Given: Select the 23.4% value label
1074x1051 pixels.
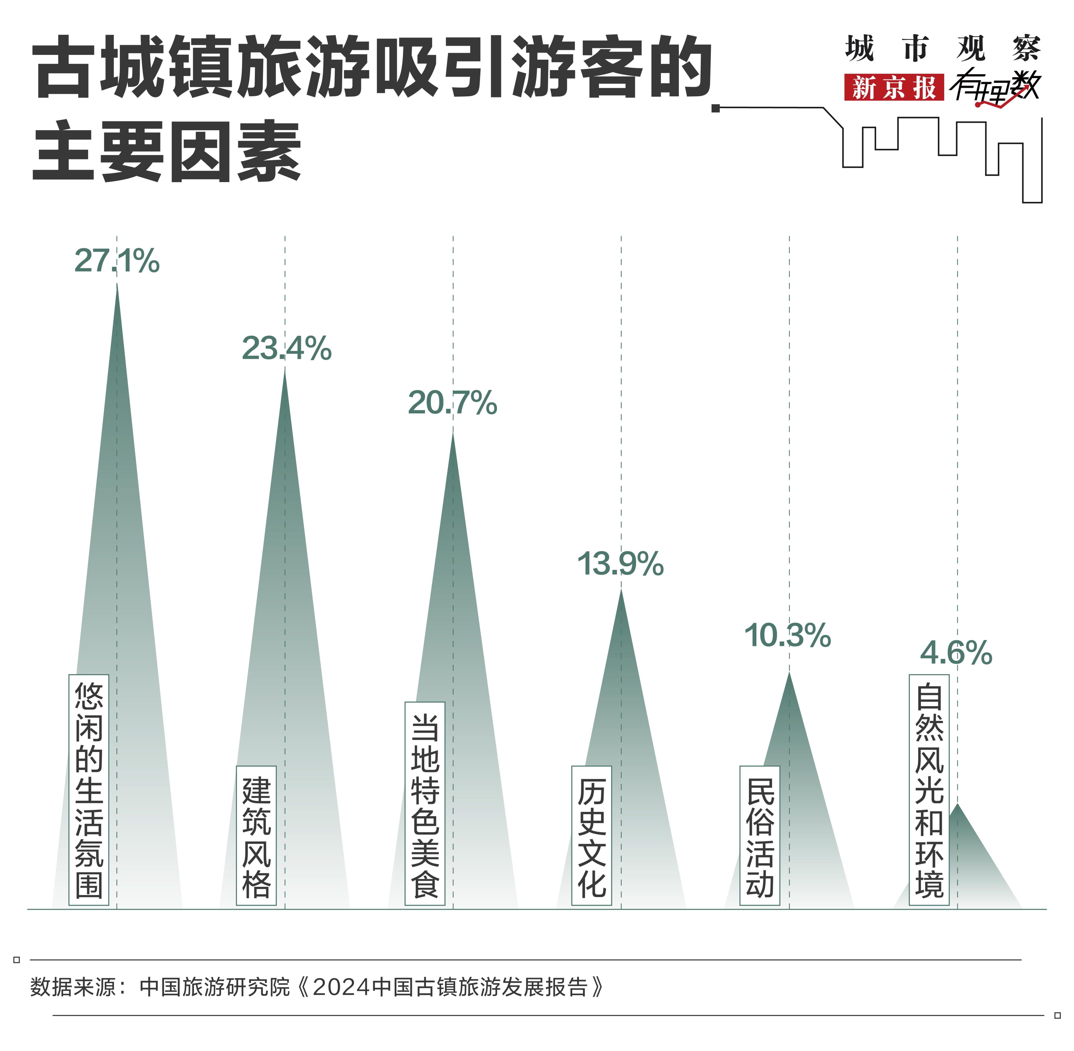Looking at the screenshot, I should pos(286,348).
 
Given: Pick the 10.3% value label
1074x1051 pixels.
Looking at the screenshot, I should pos(788,635).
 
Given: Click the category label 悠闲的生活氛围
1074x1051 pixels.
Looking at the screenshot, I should pos(89,790).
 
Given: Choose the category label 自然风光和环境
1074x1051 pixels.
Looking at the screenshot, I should pos(930,790).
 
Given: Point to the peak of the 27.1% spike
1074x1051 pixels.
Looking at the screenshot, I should pos(117,284).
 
